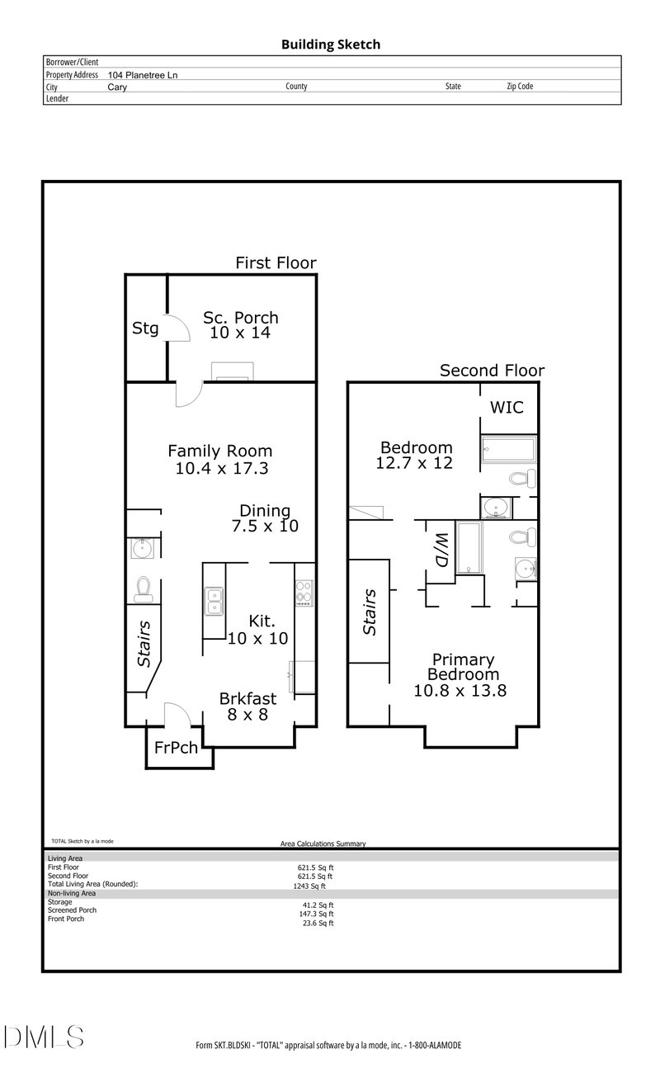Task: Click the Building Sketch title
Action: (x=331, y=45)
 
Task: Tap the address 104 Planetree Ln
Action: (x=143, y=75)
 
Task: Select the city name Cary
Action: (x=117, y=87)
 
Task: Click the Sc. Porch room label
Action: (x=241, y=318)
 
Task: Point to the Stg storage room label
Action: (x=145, y=328)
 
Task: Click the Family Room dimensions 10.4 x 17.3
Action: (x=222, y=468)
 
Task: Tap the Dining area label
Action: (x=265, y=511)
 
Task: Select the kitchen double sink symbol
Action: (x=214, y=601)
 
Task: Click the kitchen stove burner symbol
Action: (x=304, y=593)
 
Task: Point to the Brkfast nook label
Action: (x=247, y=698)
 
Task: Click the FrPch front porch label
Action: (x=176, y=748)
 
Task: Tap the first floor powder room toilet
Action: (x=143, y=589)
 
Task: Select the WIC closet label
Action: (x=507, y=407)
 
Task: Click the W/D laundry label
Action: (x=441, y=550)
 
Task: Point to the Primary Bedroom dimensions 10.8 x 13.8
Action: (x=460, y=691)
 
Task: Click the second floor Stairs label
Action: (x=370, y=612)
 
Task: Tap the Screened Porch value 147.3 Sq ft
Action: (x=316, y=914)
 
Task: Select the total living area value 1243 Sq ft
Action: (x=309, y=886)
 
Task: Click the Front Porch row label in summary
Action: (x=66, y=919)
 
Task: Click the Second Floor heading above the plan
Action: (x=493, y=371)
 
